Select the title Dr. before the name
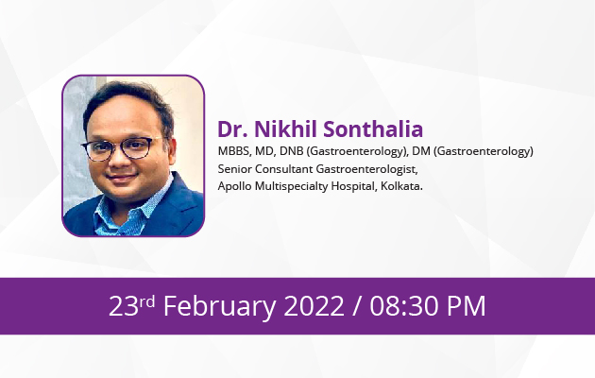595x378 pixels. coord(232,129)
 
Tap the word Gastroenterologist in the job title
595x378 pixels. coord(367,169)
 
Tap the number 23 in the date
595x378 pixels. coord(124,306)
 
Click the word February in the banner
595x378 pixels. coord(220,306)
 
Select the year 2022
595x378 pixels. coord(314,306)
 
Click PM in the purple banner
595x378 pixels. coord(467,306)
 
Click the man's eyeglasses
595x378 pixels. coord(118,148)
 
